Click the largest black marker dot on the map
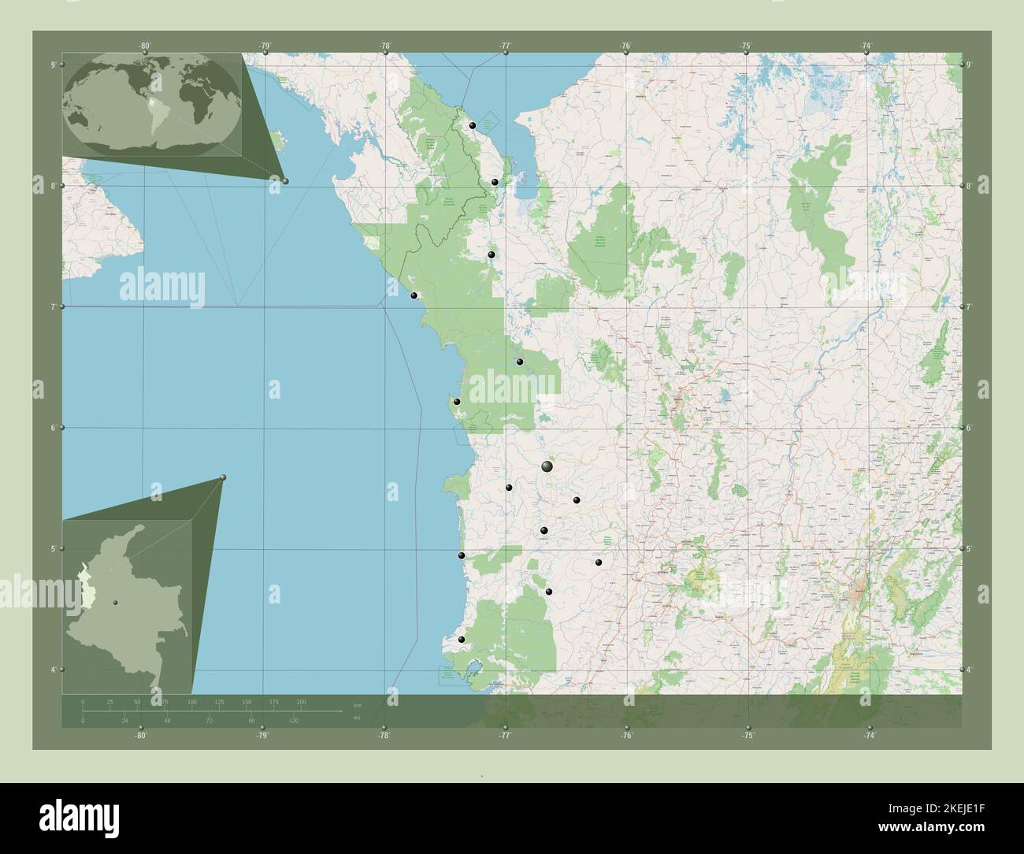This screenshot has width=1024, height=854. (547, 467)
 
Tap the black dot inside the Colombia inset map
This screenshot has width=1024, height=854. (116, 603)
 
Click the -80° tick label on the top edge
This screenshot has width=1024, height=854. (144, 46)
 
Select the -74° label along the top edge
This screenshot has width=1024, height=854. (866, 46)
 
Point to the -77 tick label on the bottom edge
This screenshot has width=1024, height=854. (505, 736)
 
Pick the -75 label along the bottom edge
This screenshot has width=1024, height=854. (748, 736)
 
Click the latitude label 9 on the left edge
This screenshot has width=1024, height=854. (53, 65)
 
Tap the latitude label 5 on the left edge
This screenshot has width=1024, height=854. (53, 548)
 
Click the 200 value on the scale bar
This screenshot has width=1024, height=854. (301, 701)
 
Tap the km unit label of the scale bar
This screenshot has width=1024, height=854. (357, 704)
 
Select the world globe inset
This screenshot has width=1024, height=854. (153, 103)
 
